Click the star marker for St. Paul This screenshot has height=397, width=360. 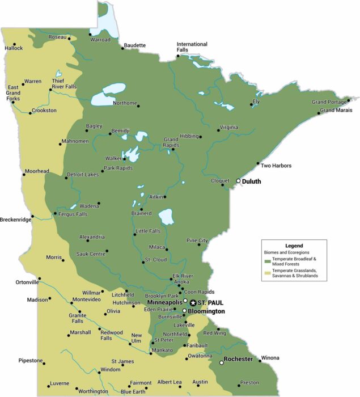(193, 303)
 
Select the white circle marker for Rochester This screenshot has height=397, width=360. (222, 362)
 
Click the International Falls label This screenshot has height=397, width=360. (192, 47)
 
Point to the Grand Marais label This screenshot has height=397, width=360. (336, 110)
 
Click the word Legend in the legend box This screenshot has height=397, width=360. (294, 246)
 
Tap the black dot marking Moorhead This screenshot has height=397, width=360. (24, 175)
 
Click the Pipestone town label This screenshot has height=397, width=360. (30, 360)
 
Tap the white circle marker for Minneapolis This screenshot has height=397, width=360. (185, 301)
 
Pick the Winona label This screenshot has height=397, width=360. (270, 358)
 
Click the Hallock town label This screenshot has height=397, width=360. (14, 48)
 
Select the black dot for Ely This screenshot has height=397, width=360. (251, 104)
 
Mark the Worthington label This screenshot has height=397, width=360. (93, 391)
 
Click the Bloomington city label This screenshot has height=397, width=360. (206, 311)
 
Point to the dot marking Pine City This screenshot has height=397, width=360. (200, 244)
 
